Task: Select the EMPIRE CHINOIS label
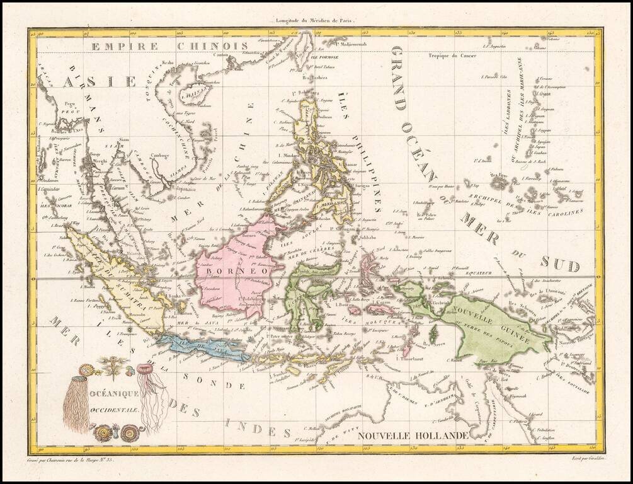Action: (169, 45)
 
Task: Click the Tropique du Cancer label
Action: (452, 55)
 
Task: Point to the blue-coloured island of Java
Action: (202, 348)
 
